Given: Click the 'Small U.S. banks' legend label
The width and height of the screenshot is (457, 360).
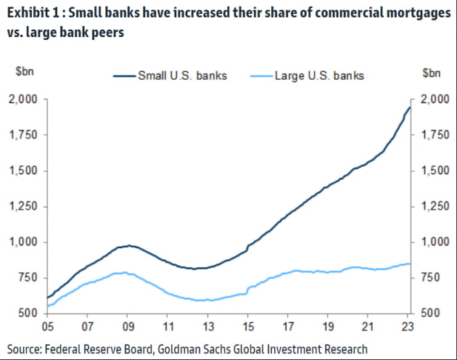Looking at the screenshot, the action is coord(183,75).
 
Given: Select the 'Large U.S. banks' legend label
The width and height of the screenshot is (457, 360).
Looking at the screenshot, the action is coord(319,75).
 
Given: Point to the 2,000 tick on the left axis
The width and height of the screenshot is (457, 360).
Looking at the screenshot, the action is coord(23,99).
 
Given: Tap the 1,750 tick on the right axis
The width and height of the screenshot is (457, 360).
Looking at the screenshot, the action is coord(435,135).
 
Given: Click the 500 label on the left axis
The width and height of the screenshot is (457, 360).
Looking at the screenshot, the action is coord(28,313).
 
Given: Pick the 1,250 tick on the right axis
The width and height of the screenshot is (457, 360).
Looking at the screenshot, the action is coord(435,207).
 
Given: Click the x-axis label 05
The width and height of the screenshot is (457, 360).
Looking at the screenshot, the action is coord(47,327).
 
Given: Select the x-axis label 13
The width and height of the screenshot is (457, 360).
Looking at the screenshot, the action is coord(207,327).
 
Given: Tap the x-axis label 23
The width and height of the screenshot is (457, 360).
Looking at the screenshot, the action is coord(408,327).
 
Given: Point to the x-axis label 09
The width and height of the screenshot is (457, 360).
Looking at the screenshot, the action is coord(128,327).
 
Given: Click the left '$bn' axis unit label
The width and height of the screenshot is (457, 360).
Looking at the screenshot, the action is coord(25,71).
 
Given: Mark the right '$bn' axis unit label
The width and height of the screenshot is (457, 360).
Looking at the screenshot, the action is coord(432,73).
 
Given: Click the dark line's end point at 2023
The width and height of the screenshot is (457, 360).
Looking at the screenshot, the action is coord(410,107).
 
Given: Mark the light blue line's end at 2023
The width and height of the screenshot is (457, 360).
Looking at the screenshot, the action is coord(410,263).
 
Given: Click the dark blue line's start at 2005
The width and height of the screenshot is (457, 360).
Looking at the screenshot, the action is coord(47,298).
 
